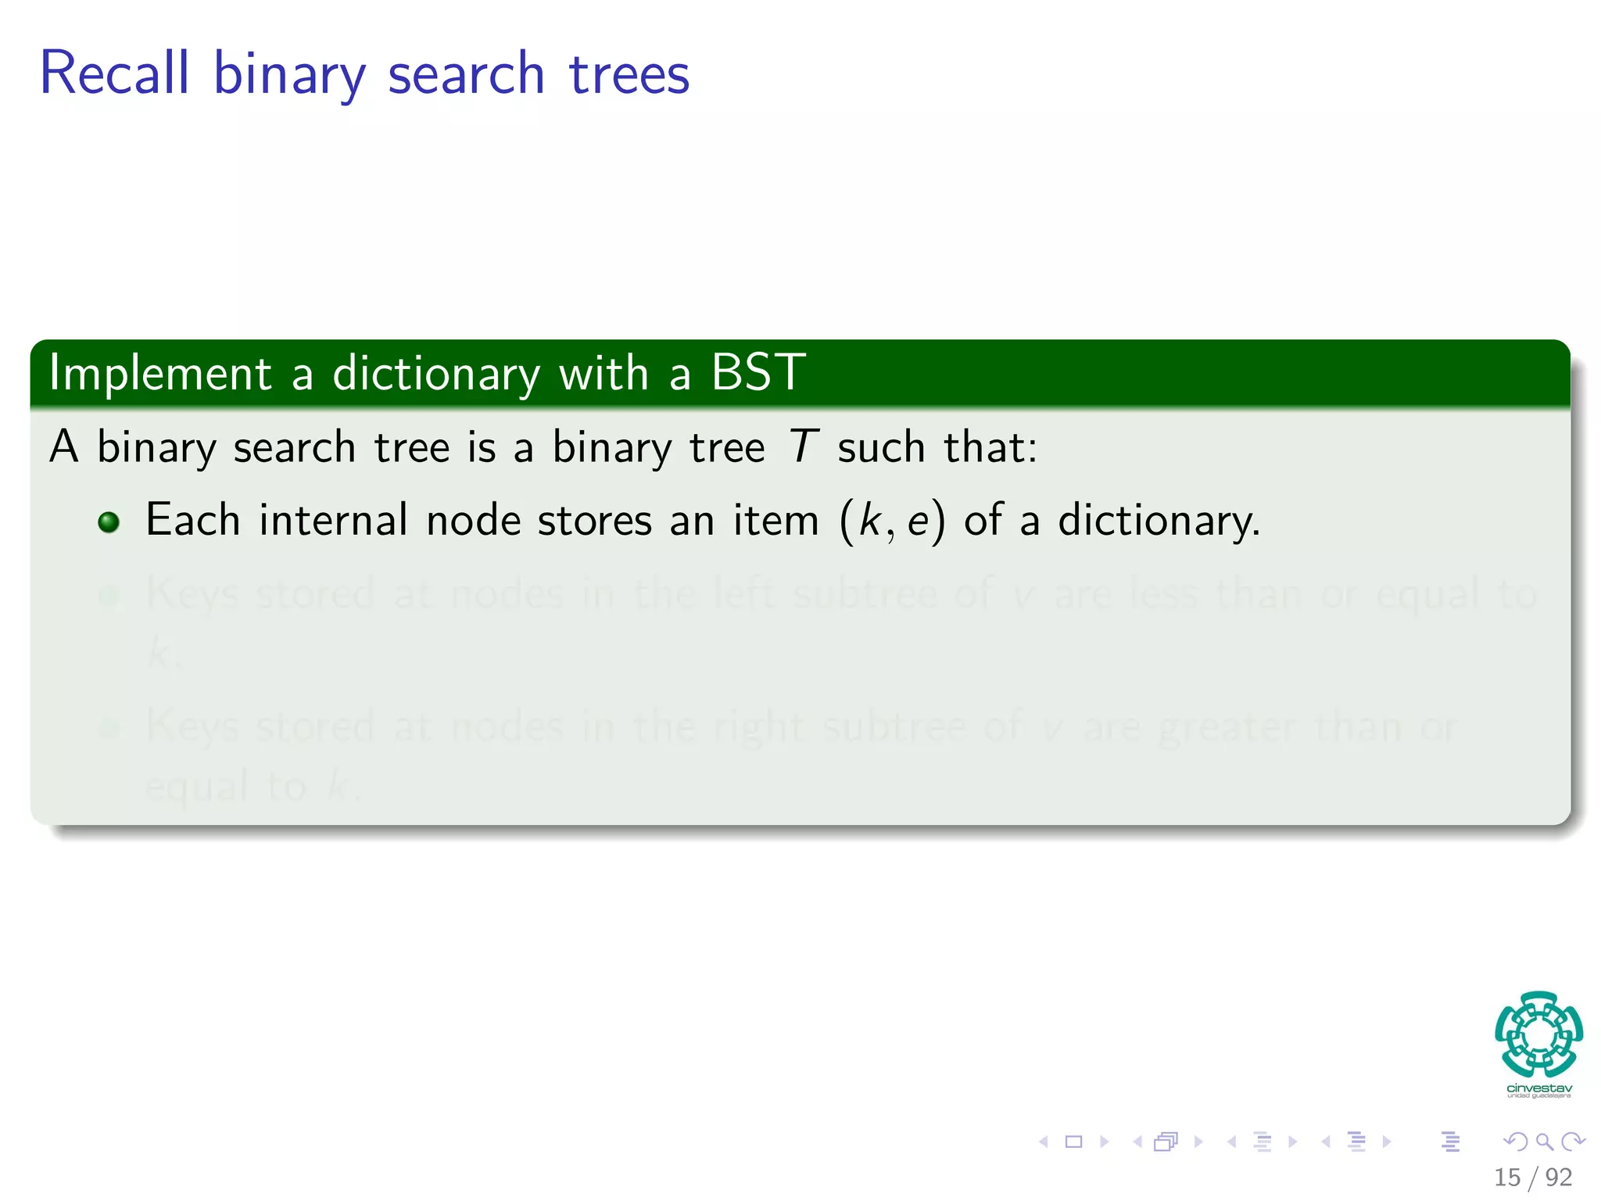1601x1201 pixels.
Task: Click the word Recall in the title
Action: [114, 73]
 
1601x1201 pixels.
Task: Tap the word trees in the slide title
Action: [629, 75]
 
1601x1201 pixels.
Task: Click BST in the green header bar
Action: [757, 371]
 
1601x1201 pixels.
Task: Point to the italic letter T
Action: [802, 447]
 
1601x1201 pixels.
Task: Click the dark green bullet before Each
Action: [109, 522]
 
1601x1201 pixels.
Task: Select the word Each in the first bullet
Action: [192, 520]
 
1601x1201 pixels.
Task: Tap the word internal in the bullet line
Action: [333, 520]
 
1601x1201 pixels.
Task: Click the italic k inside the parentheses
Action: [869, 521]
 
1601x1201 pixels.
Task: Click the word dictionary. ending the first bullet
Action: [1158, 522]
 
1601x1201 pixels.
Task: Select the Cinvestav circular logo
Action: [1538, 1034]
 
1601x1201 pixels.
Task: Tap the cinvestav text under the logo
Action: [1538, 1088]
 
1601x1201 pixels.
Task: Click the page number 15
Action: [1507, 1177]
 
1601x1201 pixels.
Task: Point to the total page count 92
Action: [1559, 1177]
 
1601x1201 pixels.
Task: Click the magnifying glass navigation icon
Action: [1544, 1142]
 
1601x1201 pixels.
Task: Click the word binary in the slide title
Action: [288, 75]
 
